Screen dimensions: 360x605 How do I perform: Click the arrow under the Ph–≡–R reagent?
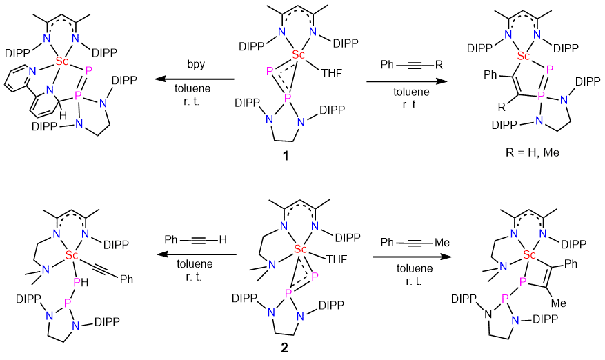406,81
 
